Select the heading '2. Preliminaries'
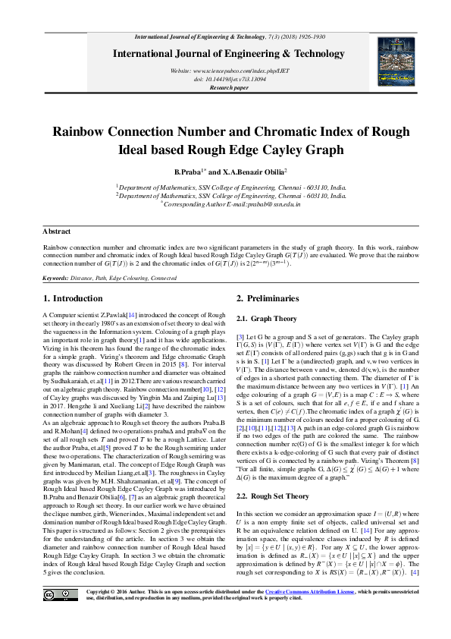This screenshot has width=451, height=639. [246, 298]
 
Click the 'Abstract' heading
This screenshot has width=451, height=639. [56, 231]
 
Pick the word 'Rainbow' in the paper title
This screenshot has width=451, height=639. [79, 131]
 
